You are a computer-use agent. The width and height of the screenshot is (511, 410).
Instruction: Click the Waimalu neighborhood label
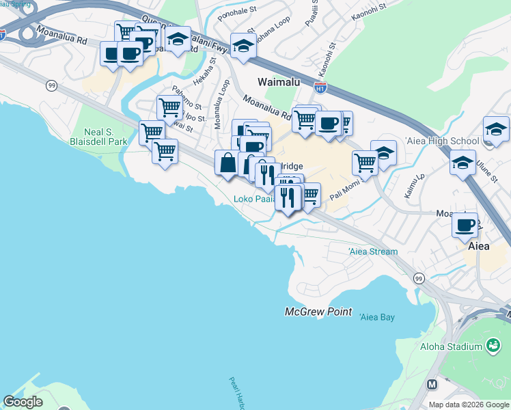coord(280,81)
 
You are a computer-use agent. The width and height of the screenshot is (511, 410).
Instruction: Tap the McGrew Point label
coord(318,312)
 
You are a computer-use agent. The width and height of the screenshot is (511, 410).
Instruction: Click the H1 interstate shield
coord(320,87)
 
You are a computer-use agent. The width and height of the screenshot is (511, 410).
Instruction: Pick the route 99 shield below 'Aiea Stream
coord(419,278)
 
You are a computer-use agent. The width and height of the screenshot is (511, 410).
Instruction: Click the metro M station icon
coord(432,385)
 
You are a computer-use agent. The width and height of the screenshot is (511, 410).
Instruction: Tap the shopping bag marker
coord(227,164)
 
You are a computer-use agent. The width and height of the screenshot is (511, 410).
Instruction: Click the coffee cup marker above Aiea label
coord(467,224)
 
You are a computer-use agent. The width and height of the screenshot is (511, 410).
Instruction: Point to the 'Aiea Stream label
coord(373,251)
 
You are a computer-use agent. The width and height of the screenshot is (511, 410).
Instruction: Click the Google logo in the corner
coord(23,402)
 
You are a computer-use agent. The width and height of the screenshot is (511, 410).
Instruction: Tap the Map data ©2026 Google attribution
coord(468,405)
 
